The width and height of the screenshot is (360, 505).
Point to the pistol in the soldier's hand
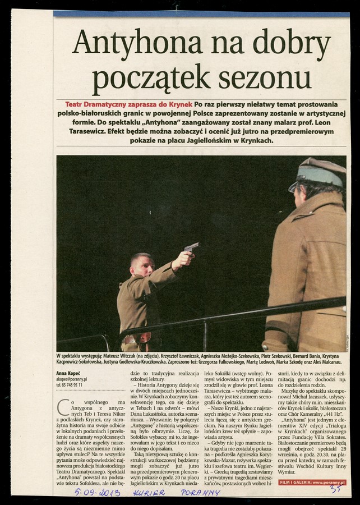(191, 246)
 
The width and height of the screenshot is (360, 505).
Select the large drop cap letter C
(63, 405)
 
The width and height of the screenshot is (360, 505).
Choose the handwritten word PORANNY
(200, 492)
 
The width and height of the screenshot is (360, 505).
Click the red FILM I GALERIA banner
(312, 482)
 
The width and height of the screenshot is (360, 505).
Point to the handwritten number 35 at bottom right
(335, 489)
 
